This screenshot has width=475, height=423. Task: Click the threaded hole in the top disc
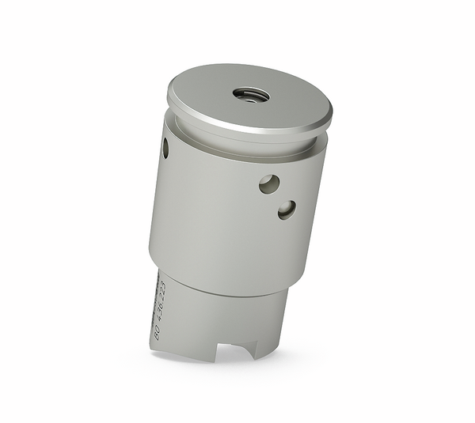tap(251, 94)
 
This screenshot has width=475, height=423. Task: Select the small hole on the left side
tap(165, 146)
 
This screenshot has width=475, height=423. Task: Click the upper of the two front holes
tap(268, 183)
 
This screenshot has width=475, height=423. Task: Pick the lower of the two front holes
tap(287, 209)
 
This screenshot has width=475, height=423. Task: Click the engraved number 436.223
tap(160, 300)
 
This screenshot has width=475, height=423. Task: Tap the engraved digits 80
tap(157, 333)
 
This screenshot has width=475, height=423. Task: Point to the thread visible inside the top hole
tap(252, 97)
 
